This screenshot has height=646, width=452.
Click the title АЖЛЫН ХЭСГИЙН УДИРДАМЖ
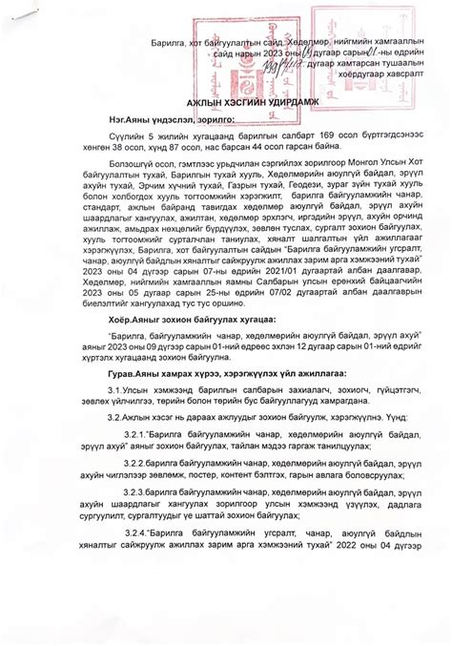point(226,100)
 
